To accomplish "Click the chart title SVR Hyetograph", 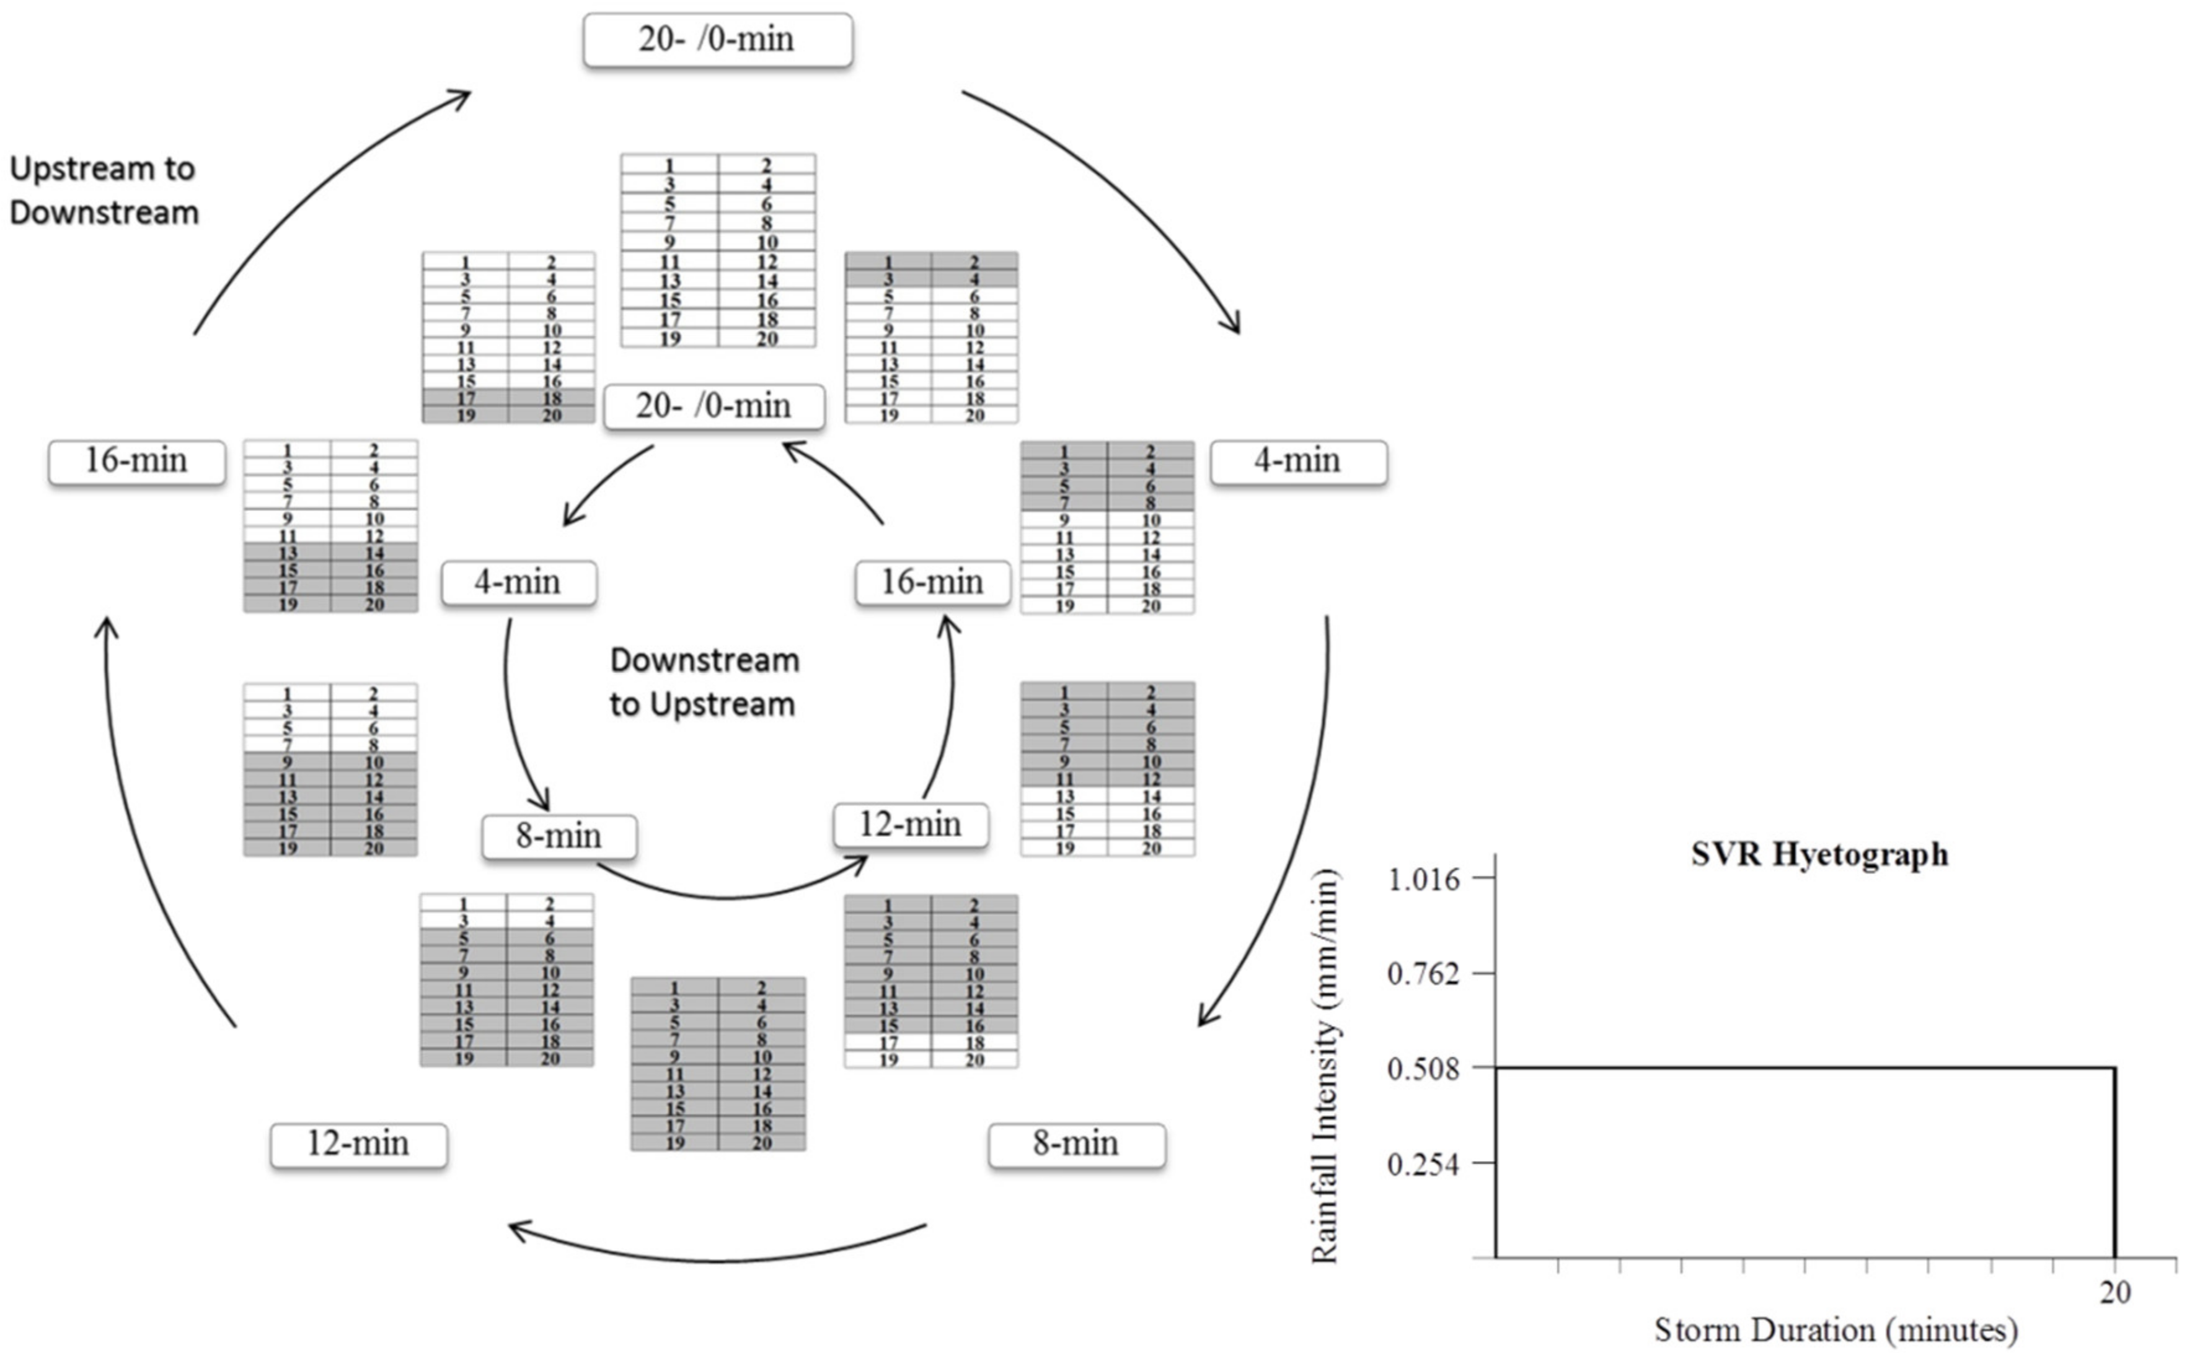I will click(1818, 854).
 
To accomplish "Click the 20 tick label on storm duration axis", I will click(2114, 1292).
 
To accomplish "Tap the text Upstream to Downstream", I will click(104, 191).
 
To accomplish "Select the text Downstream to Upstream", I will click(704, 682).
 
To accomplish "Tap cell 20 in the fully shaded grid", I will click(761, 1143).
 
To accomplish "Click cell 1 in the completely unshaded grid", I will click(669, 165).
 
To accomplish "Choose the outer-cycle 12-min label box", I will click(358, 1144).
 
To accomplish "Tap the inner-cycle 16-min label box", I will click(932, 582).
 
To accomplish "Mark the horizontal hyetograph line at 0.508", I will click(1804, 1067).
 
